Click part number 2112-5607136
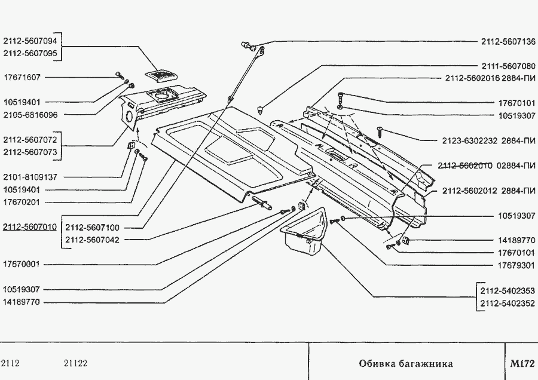tap(508, 42)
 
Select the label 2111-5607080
tap(508, 66)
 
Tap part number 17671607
tap(22, 77)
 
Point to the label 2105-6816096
tap(30, 115)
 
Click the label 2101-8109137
tap(30, 177)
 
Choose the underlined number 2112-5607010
tap(30, 227)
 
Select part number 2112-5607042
tap(92, 240)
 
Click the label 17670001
tap(22, 264)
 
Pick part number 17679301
tap(516, 265)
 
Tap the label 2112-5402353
tap(508, 291)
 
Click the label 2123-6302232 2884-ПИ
tap(489, 140)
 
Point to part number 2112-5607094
tap(30, 41)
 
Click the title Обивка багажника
tap(406, 363)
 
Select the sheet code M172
tap(522, 363)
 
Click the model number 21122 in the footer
tap(75, 363)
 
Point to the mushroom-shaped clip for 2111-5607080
tap(261, 110)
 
